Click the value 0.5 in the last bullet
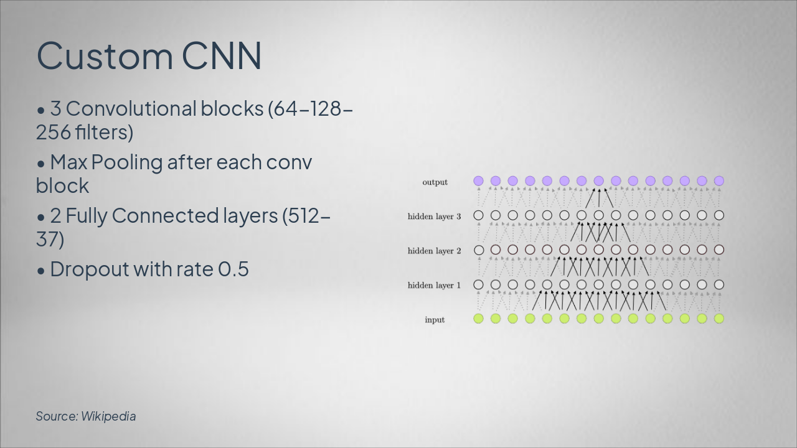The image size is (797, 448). click(x=233, y=269)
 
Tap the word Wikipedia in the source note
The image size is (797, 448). click(x=108, y=416)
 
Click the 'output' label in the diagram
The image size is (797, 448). click(x=435, y=182)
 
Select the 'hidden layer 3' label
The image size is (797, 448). click(x=434, y=217)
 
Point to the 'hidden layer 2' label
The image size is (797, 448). click(x=434, y=251)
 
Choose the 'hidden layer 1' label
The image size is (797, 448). click(x=434, y=285)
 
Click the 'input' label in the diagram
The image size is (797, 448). click(x=435, y=320)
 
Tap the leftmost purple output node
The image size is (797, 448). click(x=478, y=181)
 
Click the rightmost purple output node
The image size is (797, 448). click(x=719, y=181)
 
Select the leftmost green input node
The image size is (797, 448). click(x=478, y=319)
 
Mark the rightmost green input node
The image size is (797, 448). click(x=719, y=319)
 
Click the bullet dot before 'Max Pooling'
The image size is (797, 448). click(x=41, y=164)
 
